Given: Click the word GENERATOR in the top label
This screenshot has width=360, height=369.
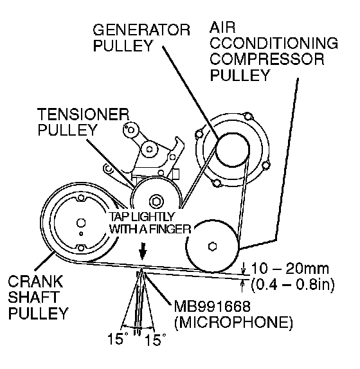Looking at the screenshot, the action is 141,30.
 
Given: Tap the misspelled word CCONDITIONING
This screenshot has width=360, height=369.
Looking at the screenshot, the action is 274,43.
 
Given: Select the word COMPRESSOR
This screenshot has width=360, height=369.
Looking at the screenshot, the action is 267,59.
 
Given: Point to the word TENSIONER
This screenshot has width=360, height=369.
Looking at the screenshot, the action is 84,114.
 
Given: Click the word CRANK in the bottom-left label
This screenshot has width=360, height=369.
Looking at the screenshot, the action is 36,282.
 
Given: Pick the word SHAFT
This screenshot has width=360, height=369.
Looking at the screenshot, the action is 33,297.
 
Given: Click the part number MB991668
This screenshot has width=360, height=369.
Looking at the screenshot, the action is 212,306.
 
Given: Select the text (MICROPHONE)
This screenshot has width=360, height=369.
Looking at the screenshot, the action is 233,322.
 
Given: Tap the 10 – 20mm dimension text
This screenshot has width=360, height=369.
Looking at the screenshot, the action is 290,268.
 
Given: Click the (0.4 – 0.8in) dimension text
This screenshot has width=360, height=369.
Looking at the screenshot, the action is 292,285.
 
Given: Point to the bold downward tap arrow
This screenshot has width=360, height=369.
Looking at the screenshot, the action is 143,251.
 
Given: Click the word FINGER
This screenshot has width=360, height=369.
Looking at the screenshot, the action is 173,229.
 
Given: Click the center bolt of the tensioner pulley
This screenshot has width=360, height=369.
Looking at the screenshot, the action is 156,202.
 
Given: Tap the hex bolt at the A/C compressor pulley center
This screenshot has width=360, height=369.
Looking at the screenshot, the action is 213,247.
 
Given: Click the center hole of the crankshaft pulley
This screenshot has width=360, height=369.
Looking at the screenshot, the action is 81,223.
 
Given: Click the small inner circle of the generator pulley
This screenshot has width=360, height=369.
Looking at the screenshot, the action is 233,150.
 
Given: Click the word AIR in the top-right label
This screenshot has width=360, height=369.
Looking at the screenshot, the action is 222,27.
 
